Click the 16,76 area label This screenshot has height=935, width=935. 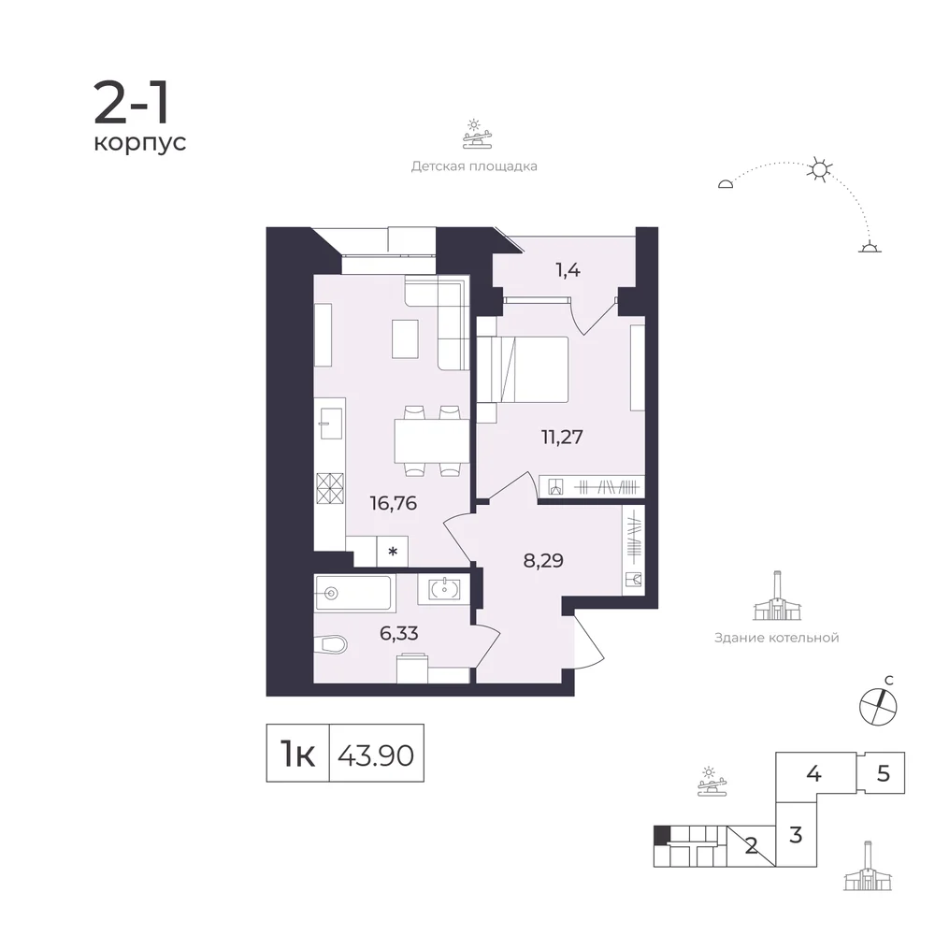pyautogui.click(x=393, y=504)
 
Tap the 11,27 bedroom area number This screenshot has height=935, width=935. pyautogui.click(x=562, y=437)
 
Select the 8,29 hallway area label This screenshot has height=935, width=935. pyautogui.click(x=543, y=561)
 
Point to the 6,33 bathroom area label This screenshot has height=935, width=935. pyautogui.click(x=399, y=633)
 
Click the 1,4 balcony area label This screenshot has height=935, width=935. pyautogui.click(x=568, y=271)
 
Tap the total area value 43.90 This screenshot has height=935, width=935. pyautogui.click(x=376, y=756)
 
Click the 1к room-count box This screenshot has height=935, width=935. pyautogui.click(x=297, y=753)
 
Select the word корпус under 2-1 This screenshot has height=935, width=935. pyautogui.click(x=140, y=143)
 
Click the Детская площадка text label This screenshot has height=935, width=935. pyautogui.click(x=474, y=166)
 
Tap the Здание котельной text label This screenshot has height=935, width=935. pyautogui.click(x=776, y=638)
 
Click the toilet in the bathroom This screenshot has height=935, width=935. pyautogui.click(x=330, y=644)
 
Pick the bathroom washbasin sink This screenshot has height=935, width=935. pyautogui.click(x=443, y=588)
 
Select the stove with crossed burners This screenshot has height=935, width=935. pyautogui.click(x=330, y=488)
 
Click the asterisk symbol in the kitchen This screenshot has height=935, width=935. pyautogui.click(x=393, y=552)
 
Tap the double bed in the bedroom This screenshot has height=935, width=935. pyautogui.click(x=523, y=369)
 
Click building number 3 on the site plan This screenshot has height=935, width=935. pyautogui.click(x=796, y=835)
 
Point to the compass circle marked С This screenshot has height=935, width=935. pyautogui.click(x=878, y=707)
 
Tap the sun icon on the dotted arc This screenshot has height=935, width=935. pyautogui.click(x=819, y=170)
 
